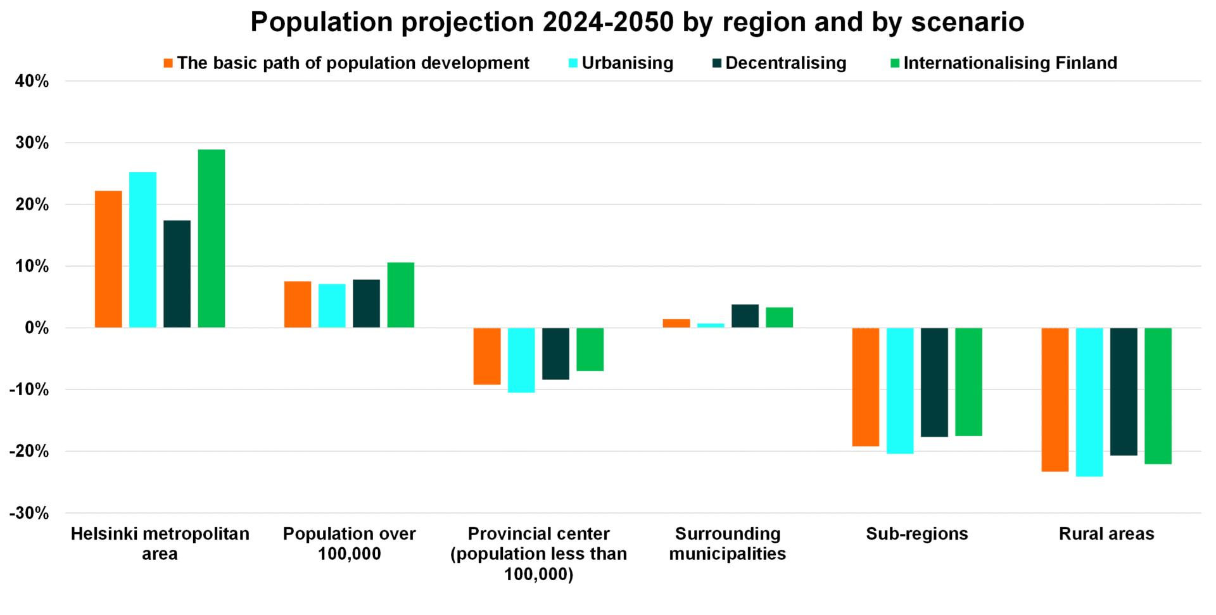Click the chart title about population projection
pyautogui.click(x=636, y=22)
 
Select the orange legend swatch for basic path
pyautogui.click(x=168, y=63)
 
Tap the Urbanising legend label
pyautogui.click(x=627, y=63)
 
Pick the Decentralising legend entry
pyautogui.click(x=785, y=63)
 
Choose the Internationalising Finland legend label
pyautogui.click(x=1010, y=63)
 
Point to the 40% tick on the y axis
pyautogui.click(x=32, y=81)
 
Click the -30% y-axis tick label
pyautogui.click(x=29, y=513)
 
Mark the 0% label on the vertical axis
pyautogui.click(x=37, y=328)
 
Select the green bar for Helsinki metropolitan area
pyautogui.click(x=212, y=239)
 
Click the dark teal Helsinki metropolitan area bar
pyautogui.click(x=177, y=274)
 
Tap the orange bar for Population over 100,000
pyautogui.click(x=298, y=305)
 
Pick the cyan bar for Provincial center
pyautogui.click(x=521, y=360)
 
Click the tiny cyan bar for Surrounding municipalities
pyautogui.click(x=711, y=326)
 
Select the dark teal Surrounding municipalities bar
pyautogui.click(x=745, y=316)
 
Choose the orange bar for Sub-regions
pyautogui.click(x=866, y=387)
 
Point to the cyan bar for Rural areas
pyautogui.click(x=1089, y=402)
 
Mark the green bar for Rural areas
pyautogui.click(x=1158, y=396)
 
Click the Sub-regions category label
pyautogui.click(x=916, y=534)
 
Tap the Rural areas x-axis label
pyautogui.click(x=1106, y=534)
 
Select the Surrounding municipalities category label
pyautogui.click(x=727, y=544)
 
